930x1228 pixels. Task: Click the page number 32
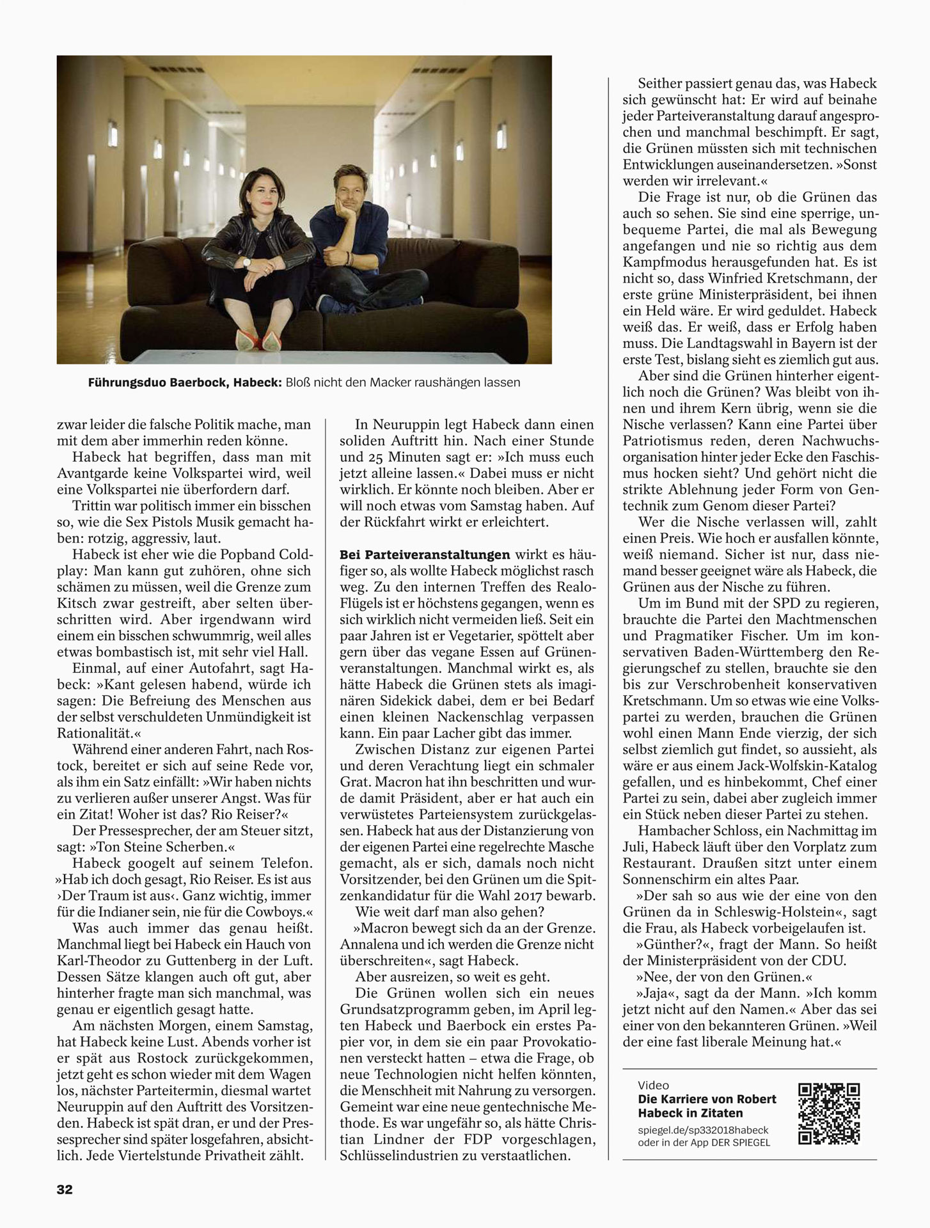65,1190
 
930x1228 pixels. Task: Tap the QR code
829,1114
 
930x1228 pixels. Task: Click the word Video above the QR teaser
653,1085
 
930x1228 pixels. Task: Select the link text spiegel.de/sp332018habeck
703,1130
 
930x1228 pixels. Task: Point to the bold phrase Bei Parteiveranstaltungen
425,555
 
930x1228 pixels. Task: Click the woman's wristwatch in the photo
246,262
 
